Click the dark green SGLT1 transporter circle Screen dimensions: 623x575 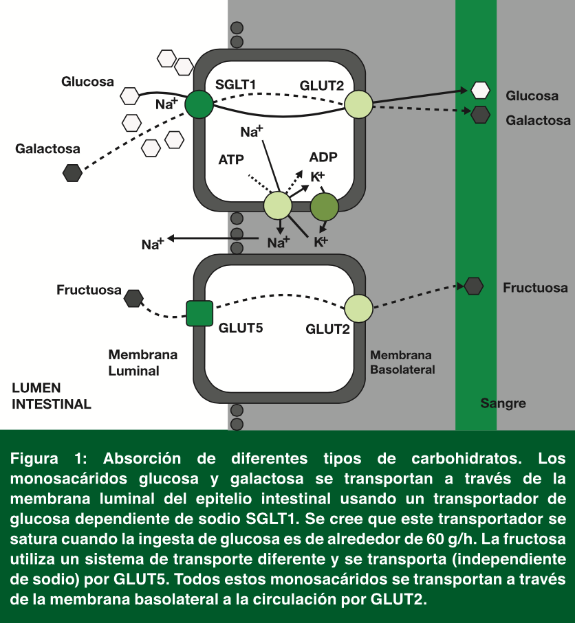tap(199, 104)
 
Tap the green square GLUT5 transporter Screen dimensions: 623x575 tap(199, 313)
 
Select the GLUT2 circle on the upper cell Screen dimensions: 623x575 tap(358, 104)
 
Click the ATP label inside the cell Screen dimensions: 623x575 tap(232, 160)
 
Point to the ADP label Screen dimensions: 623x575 tap(323, 157)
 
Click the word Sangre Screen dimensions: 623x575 tap(503, 403)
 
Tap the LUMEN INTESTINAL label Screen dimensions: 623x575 tap(52, 396)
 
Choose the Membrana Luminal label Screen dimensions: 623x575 tap(142, 363)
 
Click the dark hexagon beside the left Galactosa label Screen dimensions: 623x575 tap(72, 172)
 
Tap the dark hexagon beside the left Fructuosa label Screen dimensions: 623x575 tap(133, 297)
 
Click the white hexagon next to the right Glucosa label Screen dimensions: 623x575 tap(480, 90)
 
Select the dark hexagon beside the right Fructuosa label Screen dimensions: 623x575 tap(474, 285)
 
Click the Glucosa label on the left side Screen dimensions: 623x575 tap(87, 82)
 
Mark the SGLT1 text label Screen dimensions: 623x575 tap(236, 84)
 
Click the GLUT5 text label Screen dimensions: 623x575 tap(241, 328)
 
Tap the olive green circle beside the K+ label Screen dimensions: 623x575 tap(325, 206)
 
